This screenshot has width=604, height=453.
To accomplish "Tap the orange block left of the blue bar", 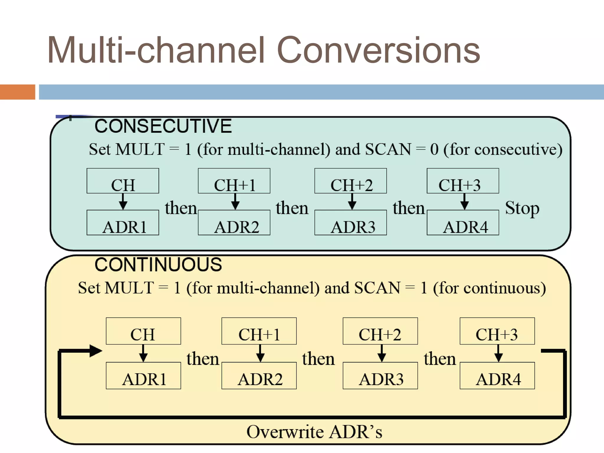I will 17,92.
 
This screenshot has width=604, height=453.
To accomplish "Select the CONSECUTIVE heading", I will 163,126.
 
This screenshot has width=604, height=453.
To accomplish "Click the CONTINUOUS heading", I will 158,265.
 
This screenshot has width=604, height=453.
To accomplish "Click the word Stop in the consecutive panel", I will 522,208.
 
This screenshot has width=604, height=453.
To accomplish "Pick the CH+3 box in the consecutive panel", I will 462,181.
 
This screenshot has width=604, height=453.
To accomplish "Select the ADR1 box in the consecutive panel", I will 123,223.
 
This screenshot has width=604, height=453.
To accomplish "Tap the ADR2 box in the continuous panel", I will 259,376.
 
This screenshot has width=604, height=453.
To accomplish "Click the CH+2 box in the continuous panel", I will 380,331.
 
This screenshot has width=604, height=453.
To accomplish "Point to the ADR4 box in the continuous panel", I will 497,376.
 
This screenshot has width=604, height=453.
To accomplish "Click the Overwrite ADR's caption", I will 314,432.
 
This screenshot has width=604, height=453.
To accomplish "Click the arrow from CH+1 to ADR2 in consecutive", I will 235,202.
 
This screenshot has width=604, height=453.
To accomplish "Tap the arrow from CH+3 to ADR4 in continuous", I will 498,353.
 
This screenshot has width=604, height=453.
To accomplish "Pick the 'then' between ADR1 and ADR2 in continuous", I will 203,359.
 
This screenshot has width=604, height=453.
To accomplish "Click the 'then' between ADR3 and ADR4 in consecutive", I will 408,208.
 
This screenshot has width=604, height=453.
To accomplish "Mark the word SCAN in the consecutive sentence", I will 388,149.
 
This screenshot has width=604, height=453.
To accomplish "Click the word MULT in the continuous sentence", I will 129,288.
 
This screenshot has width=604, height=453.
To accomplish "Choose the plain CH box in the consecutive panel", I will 123,181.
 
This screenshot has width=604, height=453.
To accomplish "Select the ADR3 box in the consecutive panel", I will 350,223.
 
